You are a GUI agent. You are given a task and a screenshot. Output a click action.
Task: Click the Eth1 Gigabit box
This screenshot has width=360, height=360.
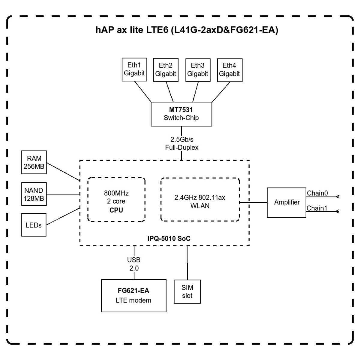[x=134, y=69]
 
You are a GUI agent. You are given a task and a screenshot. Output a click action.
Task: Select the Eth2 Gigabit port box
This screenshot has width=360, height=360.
[x=166, y=70]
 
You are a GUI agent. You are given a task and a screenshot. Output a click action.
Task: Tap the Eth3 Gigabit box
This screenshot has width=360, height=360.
[x=198, y=70]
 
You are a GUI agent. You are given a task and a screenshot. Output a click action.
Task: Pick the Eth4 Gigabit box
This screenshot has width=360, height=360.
[x=229, y=70]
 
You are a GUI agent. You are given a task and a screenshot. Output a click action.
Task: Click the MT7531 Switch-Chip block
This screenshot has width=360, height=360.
[x=181, y=114]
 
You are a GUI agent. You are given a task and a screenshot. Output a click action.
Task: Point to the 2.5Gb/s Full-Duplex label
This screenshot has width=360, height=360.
[x=181, y=143]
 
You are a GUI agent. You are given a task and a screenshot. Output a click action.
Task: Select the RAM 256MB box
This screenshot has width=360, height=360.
[x=34, y=162]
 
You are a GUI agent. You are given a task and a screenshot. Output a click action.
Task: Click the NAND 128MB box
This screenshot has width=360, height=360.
[x=34, y=194]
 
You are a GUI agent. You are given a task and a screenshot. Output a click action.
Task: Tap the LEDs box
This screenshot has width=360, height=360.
[x=34, y=225]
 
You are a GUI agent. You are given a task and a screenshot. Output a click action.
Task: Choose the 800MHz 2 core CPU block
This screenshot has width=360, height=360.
[x=116, y=201]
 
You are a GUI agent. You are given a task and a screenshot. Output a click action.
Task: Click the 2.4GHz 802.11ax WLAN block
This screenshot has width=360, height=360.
[x=200, y=201]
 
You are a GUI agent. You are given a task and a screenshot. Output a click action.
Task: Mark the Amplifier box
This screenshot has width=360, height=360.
[x=286, y=202]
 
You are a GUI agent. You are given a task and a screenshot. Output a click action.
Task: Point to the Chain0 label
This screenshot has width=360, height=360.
[x=317, y=193]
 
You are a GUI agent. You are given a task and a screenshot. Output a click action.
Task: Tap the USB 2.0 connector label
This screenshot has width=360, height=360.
[x=134, y=264]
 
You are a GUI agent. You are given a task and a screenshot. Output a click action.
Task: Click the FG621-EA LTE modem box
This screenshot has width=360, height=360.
[x=133, y=295]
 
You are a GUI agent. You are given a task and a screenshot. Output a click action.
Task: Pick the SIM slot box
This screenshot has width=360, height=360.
[x=187, y=292]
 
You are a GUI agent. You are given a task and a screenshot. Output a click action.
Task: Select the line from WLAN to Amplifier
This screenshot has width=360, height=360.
[x=253, y=202]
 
